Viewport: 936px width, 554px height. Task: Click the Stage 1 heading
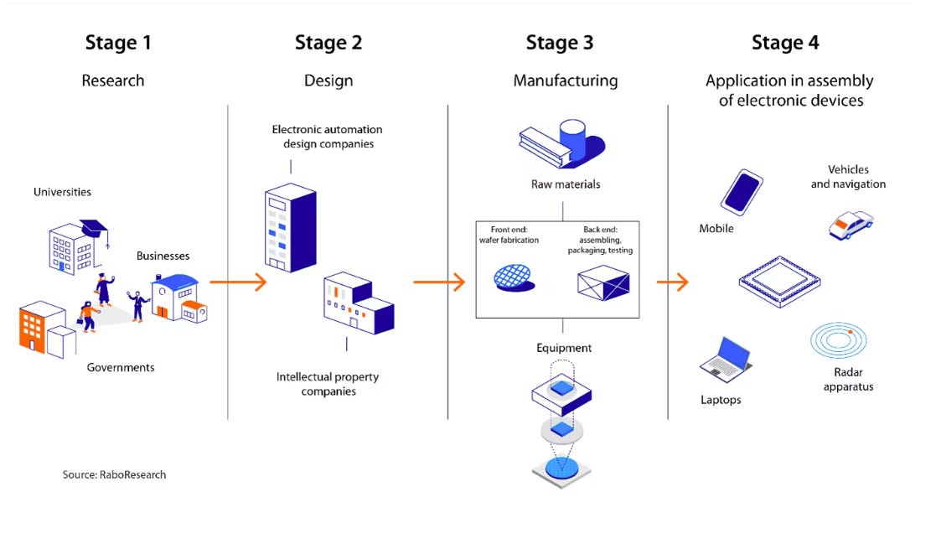pos(118,43)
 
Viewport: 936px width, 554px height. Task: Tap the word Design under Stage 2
pos(328,80)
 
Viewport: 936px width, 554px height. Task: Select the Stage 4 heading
pos(785,43)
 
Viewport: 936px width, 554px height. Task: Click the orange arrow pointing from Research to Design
pos(238,282)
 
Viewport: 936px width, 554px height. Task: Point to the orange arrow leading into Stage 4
pos(673,282)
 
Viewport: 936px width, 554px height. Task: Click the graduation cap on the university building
pos(96,230)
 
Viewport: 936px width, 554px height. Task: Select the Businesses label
pos(163,256)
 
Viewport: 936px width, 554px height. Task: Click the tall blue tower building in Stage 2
pos(290,227)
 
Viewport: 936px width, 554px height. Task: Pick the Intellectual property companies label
pos(328,384)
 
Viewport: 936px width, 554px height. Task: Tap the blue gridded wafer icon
pos(514,277)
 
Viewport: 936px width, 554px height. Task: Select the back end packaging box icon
pos(603,282)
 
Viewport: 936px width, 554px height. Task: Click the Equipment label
pos(563,348)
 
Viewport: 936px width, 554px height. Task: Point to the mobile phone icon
pos(742,192)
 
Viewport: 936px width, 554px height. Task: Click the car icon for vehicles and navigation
pos(851,225)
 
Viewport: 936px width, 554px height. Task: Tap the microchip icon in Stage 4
pos(779,281)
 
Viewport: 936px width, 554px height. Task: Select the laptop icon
pos(726,360)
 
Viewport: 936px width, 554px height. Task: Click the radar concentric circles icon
pos(839,339)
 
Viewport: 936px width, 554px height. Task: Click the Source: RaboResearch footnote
pos(115,474)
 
